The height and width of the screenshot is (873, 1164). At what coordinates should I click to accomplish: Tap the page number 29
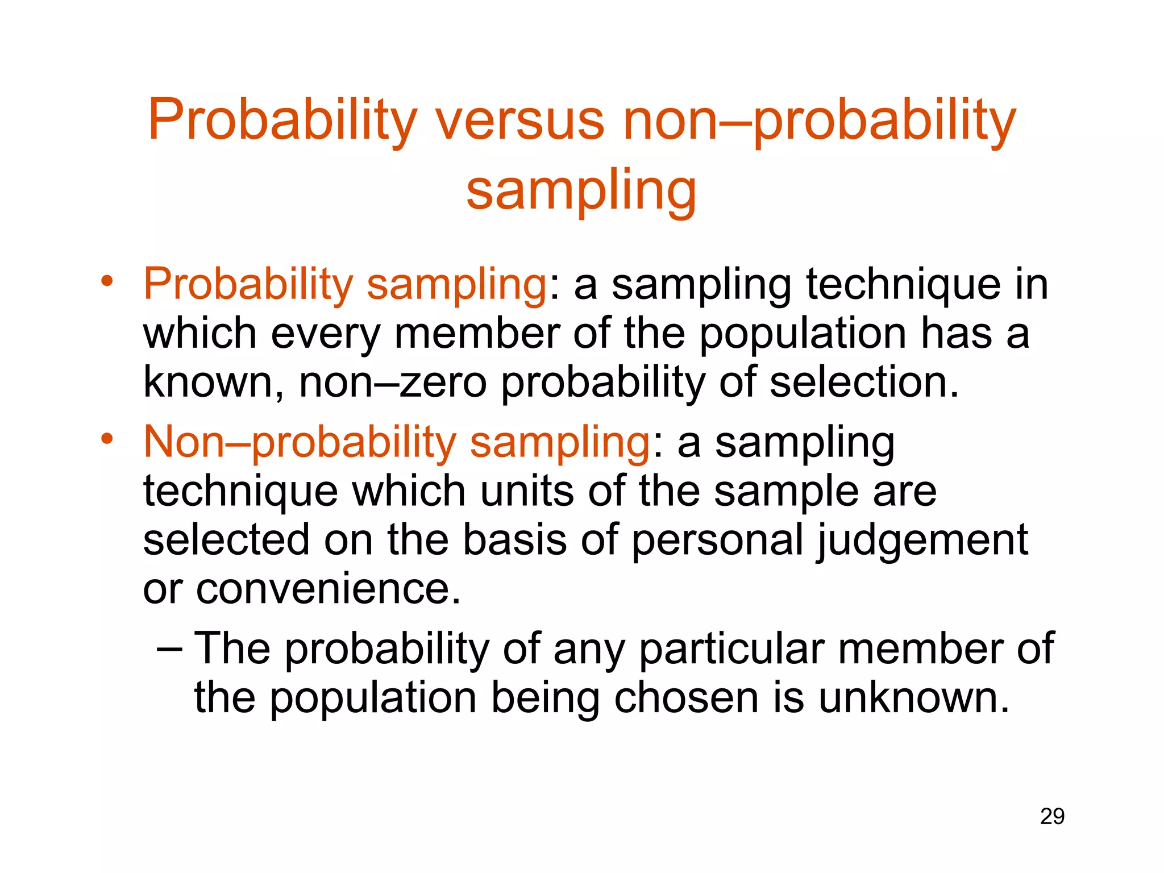point(1052,817)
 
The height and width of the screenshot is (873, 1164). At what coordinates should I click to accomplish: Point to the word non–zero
point(393,383)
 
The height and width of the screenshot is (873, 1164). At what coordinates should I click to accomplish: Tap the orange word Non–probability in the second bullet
point(300,443)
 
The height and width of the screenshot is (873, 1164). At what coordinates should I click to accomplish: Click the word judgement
point(922,541)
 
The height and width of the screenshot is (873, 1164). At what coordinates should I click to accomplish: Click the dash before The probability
point(169,648)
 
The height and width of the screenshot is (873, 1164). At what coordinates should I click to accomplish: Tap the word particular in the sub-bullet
point(731,649)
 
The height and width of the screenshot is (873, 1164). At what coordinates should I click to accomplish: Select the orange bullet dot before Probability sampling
point(107,281)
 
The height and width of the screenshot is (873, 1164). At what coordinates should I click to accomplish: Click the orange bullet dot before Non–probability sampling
point(107,439)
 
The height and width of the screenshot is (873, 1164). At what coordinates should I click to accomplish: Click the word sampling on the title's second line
point(581,190)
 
